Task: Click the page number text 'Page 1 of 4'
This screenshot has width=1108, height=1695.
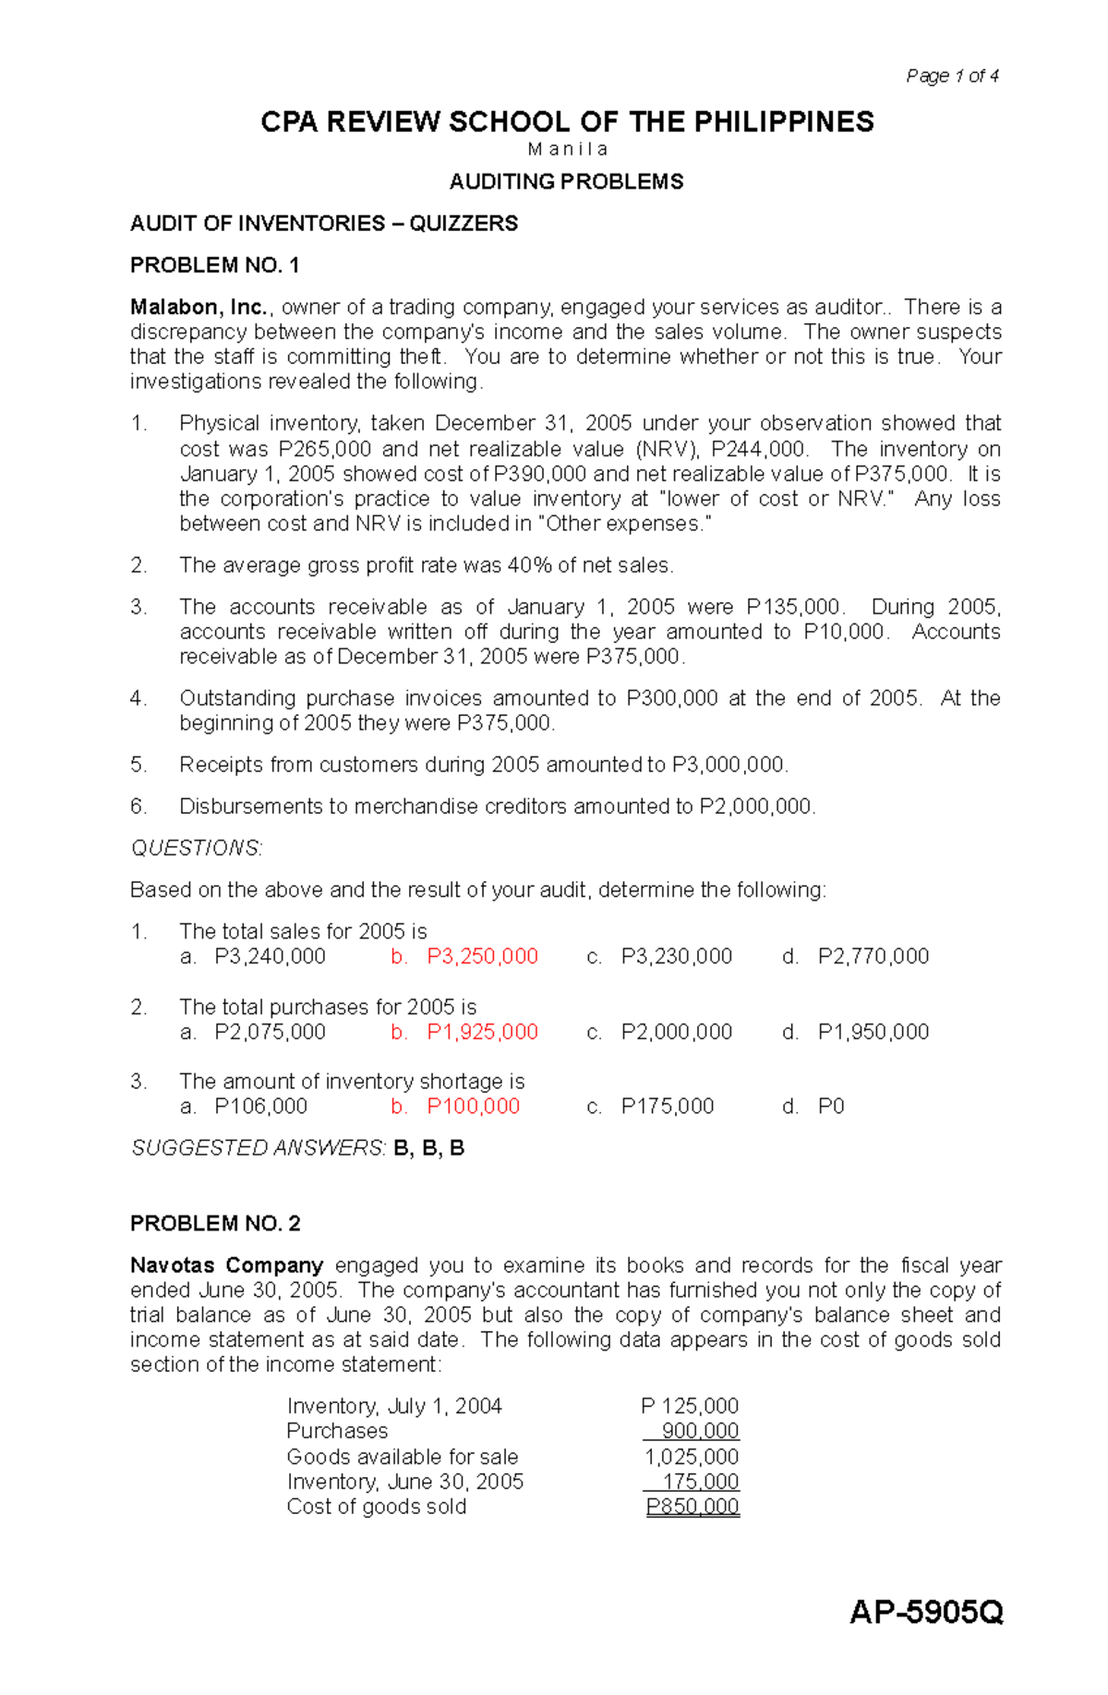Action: coord(952,76)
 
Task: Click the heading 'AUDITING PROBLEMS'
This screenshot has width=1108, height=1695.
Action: coord(566,182)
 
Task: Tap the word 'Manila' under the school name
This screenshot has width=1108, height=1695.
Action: coord(567,150)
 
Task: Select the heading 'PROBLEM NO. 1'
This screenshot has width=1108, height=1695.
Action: coord(214,265)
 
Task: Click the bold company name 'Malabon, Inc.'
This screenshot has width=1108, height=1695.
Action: coord(199,308)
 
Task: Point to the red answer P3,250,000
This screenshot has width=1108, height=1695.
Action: coord(482,957)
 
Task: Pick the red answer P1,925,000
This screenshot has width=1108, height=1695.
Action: coord(482,1032)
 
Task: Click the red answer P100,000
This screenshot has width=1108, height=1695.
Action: coord(473,1107)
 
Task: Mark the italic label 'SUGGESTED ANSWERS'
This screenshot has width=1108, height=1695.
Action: coord(258,1148)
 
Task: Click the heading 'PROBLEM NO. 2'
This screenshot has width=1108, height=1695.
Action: coord(215,1224)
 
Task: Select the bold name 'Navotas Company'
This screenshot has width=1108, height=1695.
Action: coord(226,1265)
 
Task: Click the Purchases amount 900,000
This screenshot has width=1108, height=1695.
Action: coord(699,1431)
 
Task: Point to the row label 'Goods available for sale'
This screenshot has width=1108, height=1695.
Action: coord(402,1457)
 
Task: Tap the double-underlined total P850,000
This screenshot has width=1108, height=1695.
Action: coord(692,1507)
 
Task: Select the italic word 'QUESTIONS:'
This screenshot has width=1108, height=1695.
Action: coord(197,848)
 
